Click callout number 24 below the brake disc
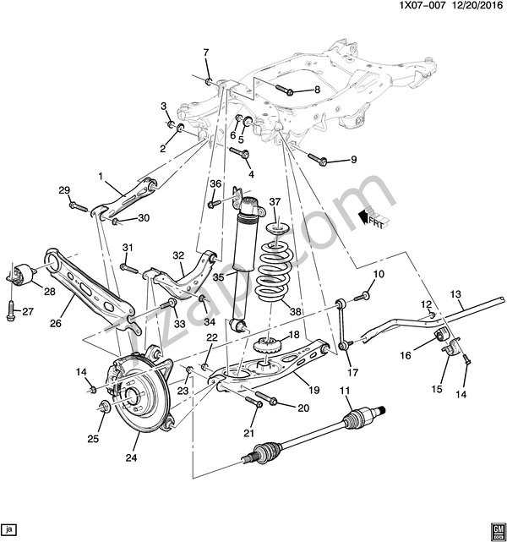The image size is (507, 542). coord(130,459)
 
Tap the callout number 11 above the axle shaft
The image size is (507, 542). coord(345,390)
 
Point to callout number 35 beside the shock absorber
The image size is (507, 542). coord(218,276)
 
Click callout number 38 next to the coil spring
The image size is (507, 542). coord(296,310)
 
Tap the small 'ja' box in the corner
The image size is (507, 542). coord(9,530)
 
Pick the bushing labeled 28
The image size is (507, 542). coord(24,274)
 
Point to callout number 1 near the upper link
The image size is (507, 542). coord(99,177)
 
